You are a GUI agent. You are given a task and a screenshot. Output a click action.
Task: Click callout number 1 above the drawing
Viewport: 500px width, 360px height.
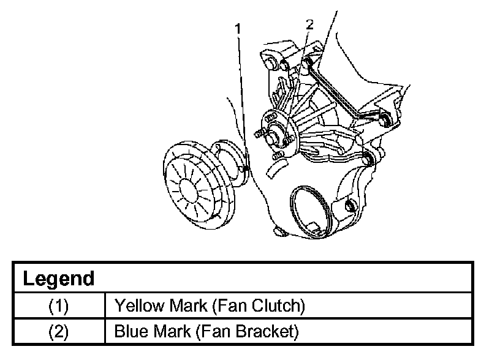point(238,29)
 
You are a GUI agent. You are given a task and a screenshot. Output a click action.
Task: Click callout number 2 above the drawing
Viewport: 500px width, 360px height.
point(309,24)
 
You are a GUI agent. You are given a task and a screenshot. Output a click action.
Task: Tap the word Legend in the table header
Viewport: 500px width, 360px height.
point(59,279)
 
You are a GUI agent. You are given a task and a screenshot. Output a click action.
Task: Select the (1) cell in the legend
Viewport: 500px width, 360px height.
point(58,306)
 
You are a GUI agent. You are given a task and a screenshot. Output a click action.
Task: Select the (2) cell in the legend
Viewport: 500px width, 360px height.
point(58,332)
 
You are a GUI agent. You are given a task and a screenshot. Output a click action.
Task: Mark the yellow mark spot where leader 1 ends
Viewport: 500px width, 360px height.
point(245,168)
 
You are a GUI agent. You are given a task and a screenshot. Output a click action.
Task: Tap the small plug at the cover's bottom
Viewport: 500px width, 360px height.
point(279,231)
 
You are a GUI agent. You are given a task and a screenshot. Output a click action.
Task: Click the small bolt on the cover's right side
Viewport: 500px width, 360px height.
point(350,205)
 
